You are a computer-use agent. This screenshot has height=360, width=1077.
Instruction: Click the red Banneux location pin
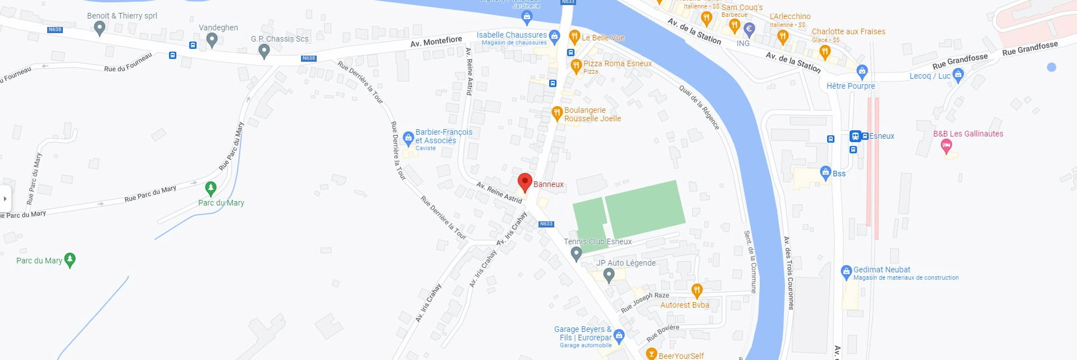[x=524, y=182]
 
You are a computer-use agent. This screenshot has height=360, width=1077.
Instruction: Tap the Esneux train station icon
[x=855, y=136]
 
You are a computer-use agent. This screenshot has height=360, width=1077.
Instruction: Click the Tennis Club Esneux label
[x=597, y=241]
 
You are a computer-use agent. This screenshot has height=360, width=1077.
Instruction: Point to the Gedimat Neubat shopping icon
[x=846, y=272]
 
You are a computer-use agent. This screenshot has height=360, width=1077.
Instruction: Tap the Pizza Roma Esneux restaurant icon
[x=576, y=66]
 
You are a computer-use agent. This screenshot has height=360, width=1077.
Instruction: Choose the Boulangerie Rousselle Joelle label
[x=592, y=114]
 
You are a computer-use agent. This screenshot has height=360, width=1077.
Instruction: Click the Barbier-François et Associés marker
[x=408, y=138]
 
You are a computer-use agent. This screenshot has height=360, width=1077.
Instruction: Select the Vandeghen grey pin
[x=212, y=39]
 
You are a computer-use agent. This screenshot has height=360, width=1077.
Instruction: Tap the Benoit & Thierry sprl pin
[x=99, y=28]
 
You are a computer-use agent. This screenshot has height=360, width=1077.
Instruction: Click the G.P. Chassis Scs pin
[x=264, y=51]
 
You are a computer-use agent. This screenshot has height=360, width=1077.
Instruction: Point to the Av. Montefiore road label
[x=436, y=42]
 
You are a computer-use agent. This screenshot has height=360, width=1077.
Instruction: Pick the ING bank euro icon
[x=749, y=29]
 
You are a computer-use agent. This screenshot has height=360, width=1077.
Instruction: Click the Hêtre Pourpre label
[x=850, y=86]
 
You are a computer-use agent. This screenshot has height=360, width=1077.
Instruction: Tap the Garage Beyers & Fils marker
[x=619, y=336]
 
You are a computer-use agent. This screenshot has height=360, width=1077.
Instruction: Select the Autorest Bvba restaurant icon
[x=697, y=290]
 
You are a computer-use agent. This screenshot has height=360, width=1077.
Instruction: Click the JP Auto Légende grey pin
[x=609, y=275]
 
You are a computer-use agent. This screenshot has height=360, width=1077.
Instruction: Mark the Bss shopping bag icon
[x=825, y=172]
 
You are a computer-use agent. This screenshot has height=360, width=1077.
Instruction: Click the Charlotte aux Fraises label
[x=848, y=31]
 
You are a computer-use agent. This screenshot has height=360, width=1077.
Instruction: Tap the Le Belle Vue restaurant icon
[x=574, y=37]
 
